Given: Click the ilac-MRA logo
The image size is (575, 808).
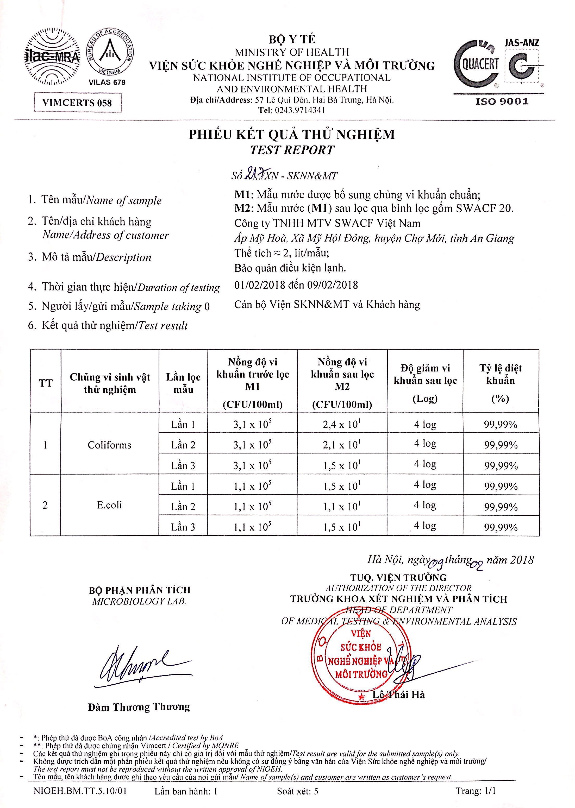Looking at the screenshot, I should (x=52, y=57).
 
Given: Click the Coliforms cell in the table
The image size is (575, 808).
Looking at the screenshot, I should (x=109, y=445).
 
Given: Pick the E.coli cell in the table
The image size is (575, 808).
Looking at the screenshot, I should (x=109, y=505).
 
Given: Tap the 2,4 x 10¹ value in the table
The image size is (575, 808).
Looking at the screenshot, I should (x=342, y=424).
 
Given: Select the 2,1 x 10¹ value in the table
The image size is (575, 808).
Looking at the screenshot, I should (x=342, y=445).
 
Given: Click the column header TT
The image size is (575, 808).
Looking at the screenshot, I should (x=46, y=383).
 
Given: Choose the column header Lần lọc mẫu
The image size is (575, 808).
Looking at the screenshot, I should (x=183, y=383).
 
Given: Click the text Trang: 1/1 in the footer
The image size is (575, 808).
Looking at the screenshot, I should (x=476, y=791).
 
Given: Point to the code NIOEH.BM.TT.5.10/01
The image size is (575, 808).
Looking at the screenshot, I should (x=80, y=791).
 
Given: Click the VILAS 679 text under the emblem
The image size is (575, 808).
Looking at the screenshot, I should (x=107, y=83).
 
